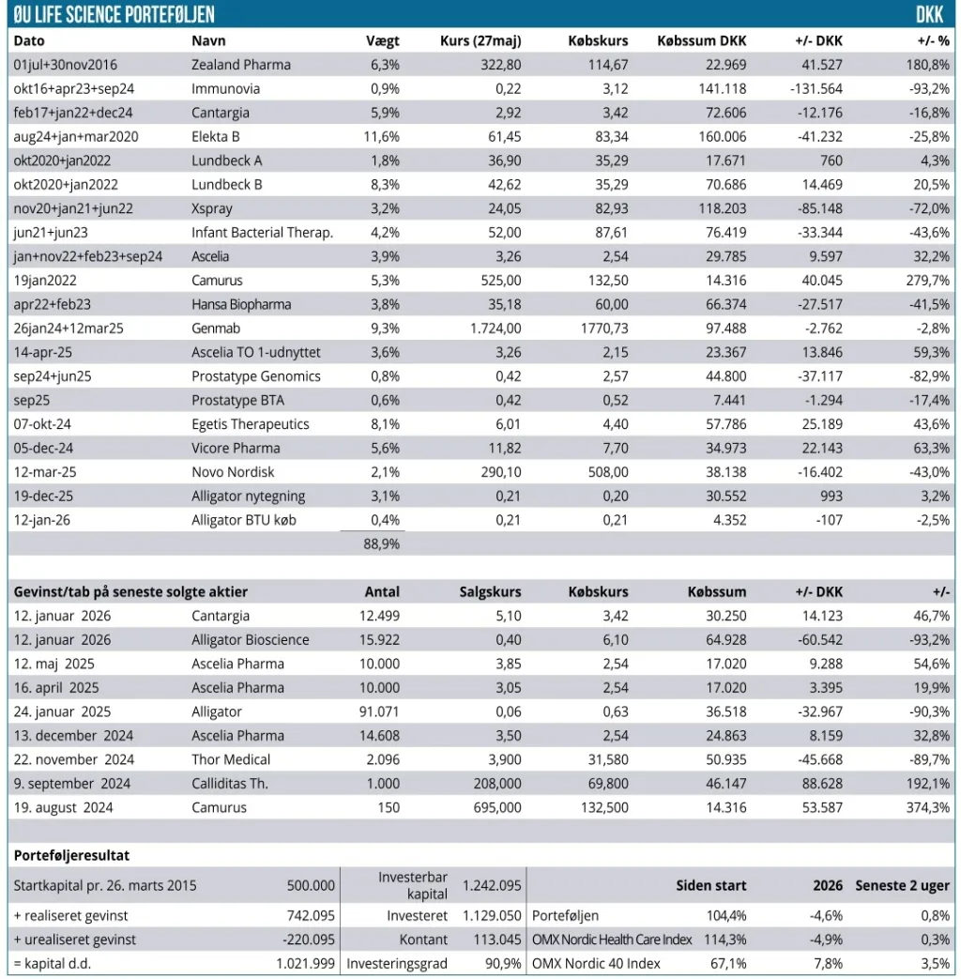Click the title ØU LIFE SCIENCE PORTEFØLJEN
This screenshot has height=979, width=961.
pos(114,14)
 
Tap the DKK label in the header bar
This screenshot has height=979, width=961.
pos(929,14)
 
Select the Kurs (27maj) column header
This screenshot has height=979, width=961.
pos(480,41)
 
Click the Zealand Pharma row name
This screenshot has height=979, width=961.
pos(241,65)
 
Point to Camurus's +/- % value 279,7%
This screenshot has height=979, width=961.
pos(928,281)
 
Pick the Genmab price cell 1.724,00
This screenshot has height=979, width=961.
pos(496,329)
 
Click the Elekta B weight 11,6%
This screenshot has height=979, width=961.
pos(382,137)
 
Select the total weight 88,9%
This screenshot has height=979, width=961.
pos(382,543)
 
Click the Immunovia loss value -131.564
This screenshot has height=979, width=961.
pos(816,88)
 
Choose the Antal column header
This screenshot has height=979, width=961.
pos(382,592)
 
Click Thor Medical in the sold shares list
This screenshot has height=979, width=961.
pos(231,760)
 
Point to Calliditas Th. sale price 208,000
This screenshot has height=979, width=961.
pos(497,784)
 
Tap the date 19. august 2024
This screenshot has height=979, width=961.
pos(63,808)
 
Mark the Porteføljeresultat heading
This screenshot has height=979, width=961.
pos(72,855)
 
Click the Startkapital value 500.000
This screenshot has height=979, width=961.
pos(311,885)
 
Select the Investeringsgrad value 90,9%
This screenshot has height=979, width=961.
pos(503,963)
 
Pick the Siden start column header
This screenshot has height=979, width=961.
pos(711,885)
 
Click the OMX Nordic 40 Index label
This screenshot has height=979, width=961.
pos(596,963)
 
